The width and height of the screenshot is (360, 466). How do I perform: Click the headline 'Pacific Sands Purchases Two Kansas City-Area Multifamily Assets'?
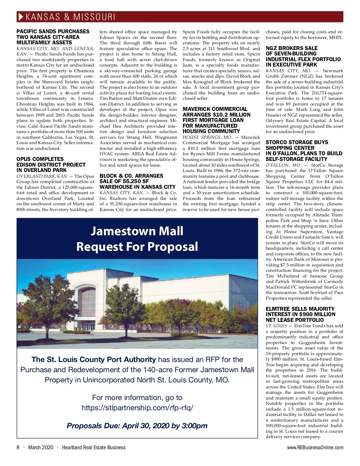point(53,37)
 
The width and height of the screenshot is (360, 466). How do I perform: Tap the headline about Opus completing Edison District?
point(51,165)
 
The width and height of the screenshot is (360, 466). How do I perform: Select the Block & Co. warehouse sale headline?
point(137,181)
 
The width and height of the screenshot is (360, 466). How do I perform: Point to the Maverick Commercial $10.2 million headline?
point(216,120)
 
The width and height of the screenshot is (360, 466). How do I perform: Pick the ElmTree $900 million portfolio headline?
point(300,314)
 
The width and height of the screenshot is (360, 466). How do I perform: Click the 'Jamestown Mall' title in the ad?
point(137,231)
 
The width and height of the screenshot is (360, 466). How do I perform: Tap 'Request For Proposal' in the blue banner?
point(137,247)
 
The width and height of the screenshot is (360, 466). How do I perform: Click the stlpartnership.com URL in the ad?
point(137,408)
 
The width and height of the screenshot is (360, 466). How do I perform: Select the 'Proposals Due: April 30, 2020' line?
point(137,426)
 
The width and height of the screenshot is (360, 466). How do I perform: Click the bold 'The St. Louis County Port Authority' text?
point(94,359)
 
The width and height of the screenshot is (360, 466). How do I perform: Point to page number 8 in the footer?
point(18,447)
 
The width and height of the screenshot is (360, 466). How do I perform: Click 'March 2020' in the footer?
point(40,447)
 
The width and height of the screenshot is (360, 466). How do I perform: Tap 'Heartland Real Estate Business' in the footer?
point(94,447)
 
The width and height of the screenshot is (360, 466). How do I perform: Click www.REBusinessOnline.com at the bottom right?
point(315,447)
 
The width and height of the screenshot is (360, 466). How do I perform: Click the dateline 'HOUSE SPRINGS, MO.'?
point(203,137)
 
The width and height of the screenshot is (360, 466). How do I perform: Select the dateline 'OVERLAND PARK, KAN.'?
point(42,176)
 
